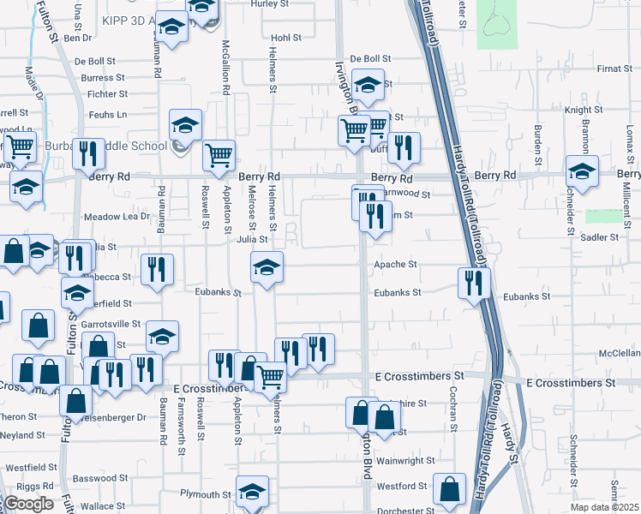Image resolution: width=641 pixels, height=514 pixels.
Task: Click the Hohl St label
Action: click(285, 38)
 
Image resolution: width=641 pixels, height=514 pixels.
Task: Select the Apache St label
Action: click(395, 266)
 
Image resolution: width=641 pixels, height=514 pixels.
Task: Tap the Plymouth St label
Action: click(206, 494)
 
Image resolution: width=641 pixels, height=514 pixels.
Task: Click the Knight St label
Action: click(584, 111)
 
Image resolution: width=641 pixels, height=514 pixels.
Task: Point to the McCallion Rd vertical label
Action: click(226, 67)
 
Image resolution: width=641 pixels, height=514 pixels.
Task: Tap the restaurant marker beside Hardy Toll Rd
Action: click(474, 283)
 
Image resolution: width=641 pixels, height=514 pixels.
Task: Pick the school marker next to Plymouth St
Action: click(252, 491)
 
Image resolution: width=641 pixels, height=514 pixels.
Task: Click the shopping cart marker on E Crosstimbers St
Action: click(271, 374)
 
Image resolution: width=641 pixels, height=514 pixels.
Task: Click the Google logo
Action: click(28, 504)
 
